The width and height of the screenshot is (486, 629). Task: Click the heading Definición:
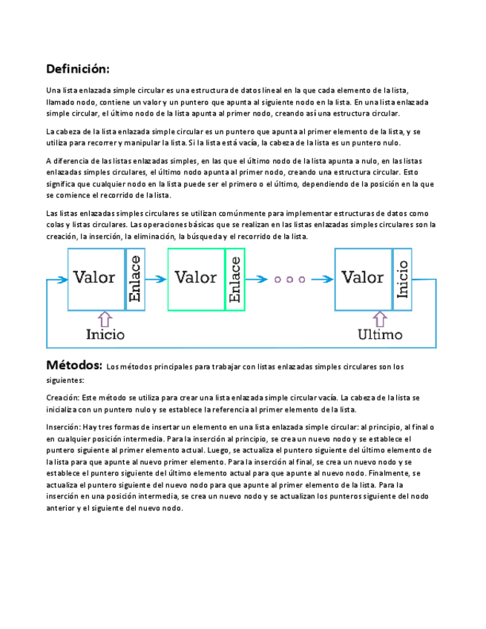click(x=77, y=69)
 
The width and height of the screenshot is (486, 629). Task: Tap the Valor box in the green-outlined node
click(x=196, y=279)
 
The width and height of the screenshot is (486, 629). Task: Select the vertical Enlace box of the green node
click(x=235, y=279)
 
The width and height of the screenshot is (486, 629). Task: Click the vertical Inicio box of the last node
click(x=402, y=279)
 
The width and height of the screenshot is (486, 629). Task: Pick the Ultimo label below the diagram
click(x=380, y=335)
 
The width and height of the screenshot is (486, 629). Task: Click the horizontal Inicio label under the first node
click(x=105, y=335)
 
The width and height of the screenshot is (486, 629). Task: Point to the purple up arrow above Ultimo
click(x=380, y=319)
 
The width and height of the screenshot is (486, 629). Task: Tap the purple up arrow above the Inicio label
click(x=105, y=319)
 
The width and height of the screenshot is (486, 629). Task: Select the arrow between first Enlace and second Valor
click(x=156, y=280)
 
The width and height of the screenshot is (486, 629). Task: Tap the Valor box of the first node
click(x=95, y=279)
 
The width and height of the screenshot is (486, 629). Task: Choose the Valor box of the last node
click(x=363, y=279)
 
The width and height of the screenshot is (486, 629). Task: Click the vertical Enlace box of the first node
click(x=135, y=279)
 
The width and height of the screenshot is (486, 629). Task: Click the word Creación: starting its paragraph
click(x=62, y=398)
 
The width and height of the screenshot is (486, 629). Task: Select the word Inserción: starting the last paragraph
click(x=63, y=427)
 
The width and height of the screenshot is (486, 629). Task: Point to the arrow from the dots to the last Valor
click(x=322, y=280)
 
